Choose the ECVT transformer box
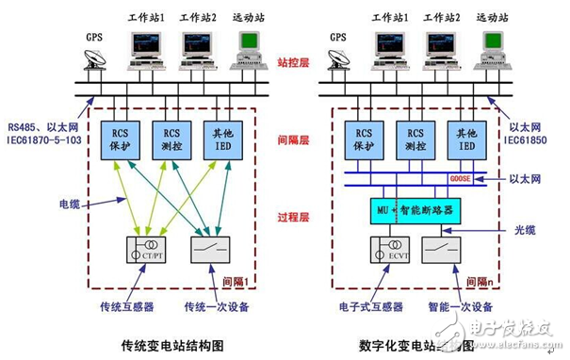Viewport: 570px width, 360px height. [388, 251]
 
